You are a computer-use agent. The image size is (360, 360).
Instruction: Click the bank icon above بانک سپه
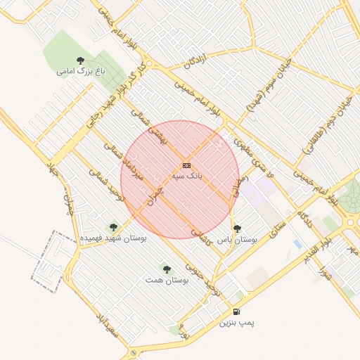pos(186,165)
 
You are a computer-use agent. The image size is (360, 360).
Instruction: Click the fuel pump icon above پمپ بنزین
pos(236,311)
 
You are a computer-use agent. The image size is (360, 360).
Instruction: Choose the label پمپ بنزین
pos(236,323)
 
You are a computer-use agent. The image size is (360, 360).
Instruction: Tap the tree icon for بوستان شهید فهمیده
pos(113,227)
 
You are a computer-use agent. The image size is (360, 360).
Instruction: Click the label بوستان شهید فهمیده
pos(113,238)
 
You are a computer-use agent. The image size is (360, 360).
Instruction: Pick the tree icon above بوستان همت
pos(167,269)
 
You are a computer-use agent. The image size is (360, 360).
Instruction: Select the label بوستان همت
pos(167,280)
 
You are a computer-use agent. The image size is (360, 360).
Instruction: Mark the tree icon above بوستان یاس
pos(237,228)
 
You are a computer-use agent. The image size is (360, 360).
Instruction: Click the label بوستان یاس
pos(237,239)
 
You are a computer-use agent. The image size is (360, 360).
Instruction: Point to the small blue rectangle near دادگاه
pos(298,244)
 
